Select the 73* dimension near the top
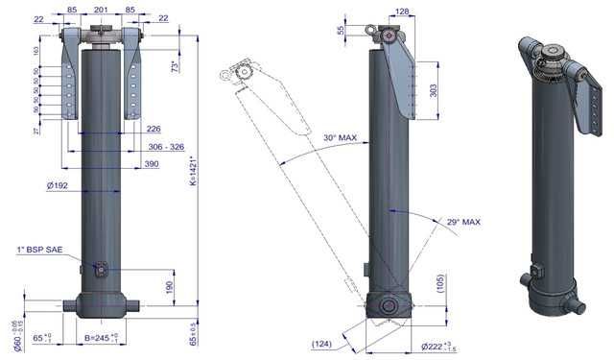176,68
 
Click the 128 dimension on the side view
401,12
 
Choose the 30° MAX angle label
340,138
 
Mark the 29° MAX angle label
462,223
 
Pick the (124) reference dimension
323,342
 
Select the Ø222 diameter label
436,346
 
